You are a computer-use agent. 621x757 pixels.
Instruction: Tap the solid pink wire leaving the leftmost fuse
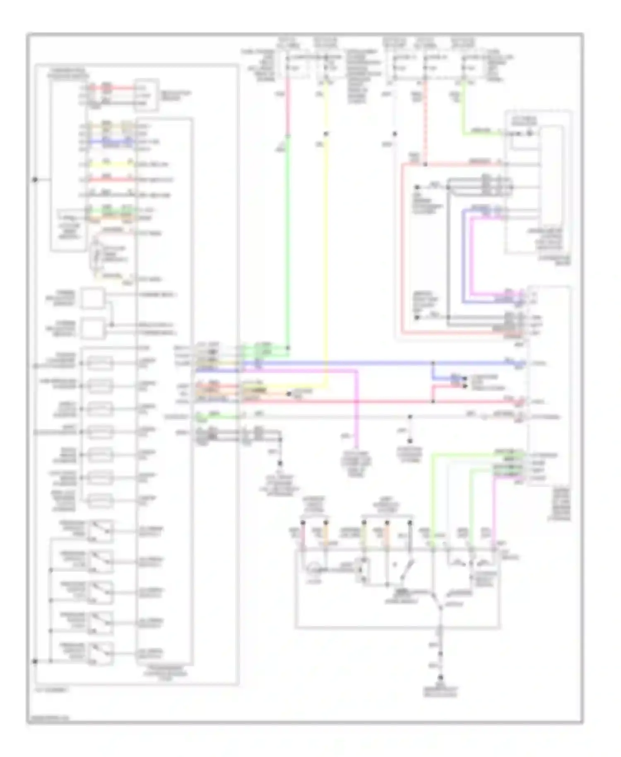[x=287, y=108]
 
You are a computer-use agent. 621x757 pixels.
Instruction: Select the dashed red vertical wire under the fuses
[x=425, y=124]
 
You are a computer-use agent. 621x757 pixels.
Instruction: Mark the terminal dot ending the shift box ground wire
[x=440, y=677]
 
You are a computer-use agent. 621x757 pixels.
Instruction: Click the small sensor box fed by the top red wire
[x=146, y=95]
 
